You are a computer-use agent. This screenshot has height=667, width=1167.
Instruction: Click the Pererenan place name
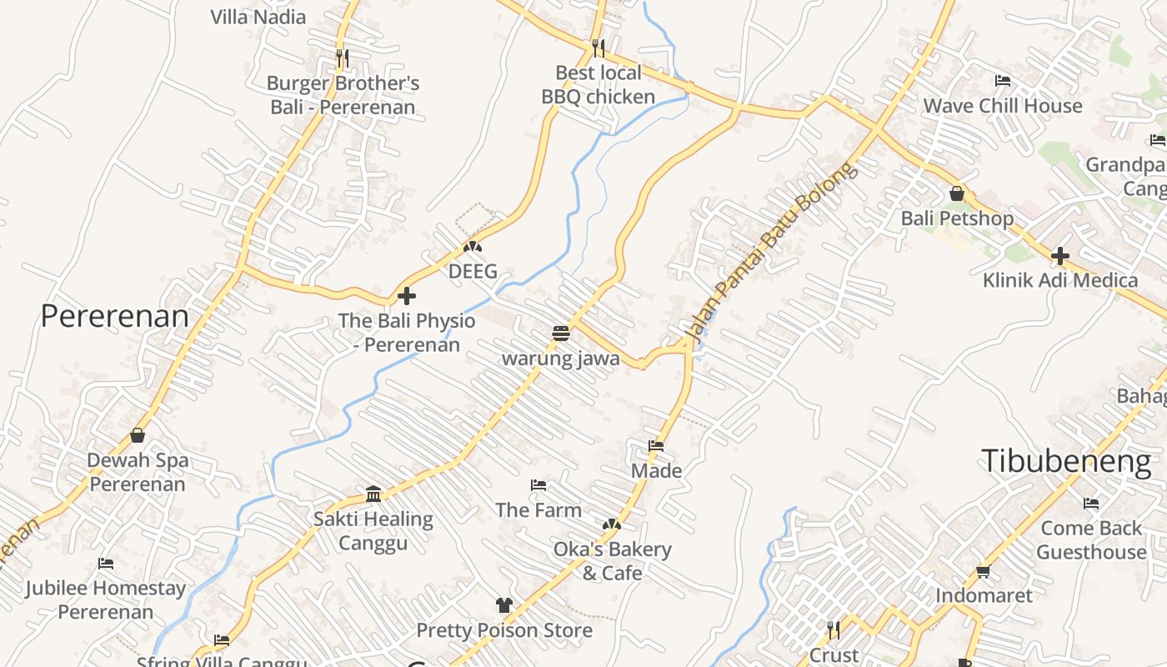click(115, 317)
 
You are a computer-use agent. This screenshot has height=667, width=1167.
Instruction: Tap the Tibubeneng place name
click(1066, 461)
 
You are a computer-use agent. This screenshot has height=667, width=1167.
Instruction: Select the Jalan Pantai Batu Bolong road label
click(770, 252)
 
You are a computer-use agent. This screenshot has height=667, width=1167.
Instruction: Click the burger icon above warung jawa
click(560, 333)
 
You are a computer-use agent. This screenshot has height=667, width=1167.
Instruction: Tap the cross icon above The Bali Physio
click(407, 296)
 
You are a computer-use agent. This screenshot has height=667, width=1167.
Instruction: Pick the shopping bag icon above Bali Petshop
click(957, 193)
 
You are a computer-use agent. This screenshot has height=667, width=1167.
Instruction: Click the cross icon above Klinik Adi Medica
click(1059, 255)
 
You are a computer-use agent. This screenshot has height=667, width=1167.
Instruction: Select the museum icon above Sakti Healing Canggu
click(373, 494)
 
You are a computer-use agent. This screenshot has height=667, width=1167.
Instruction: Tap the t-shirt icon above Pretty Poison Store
click(503, 605)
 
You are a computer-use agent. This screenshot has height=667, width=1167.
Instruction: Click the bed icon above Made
click(656, 446)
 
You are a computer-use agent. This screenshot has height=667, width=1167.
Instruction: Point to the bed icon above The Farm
click(538, 485)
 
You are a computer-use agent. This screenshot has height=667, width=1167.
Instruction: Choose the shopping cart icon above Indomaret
click(983, 571)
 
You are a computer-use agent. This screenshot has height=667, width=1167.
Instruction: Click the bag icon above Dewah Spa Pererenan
click(138, 435)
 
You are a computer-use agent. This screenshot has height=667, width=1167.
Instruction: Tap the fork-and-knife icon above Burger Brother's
click(342, 58)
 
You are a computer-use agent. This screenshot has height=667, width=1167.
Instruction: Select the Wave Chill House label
click(1003, 106)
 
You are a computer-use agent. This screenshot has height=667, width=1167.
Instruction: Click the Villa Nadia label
click(258, 17)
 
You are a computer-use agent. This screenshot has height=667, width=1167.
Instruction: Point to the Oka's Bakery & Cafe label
click(612, 561)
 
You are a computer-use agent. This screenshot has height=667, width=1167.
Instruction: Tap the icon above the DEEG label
click(473, 247)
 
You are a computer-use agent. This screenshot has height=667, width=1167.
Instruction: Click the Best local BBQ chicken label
click(599, 85)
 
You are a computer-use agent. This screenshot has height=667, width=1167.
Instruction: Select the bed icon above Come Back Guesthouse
click(1090, 504)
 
